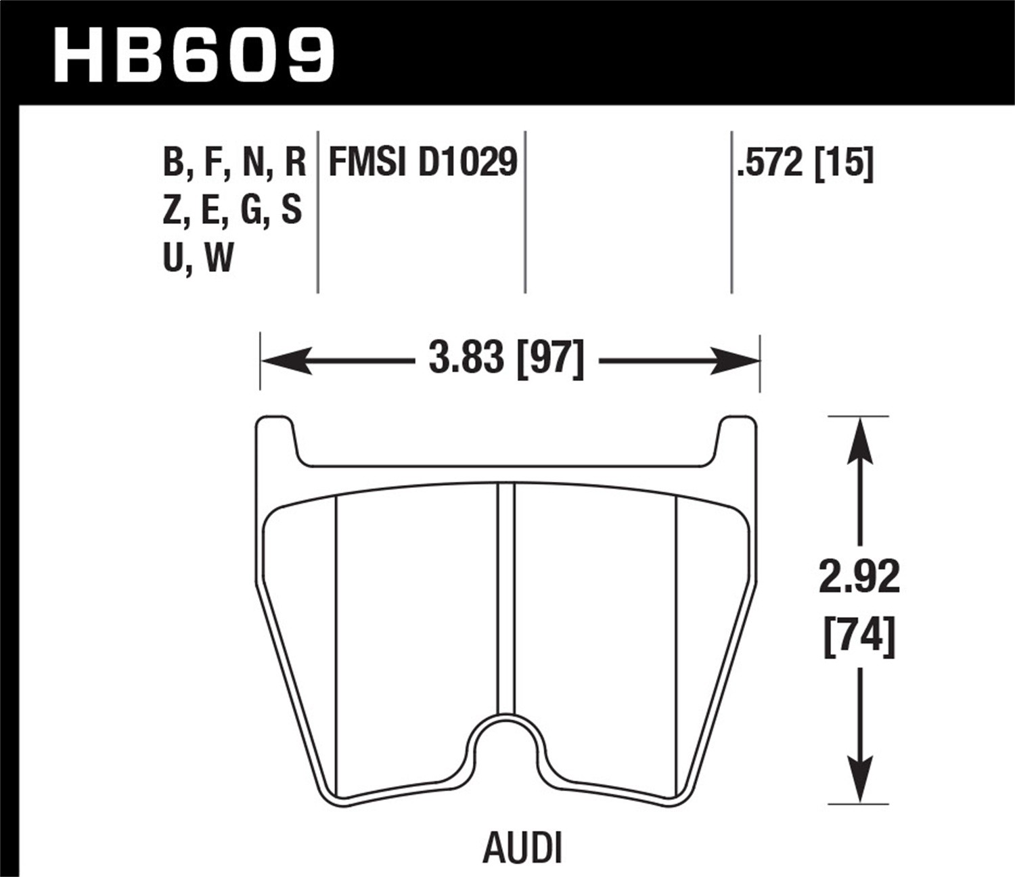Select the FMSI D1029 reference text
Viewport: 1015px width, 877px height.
tap(423, 162)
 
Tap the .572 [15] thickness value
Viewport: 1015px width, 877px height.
tap(805, 163)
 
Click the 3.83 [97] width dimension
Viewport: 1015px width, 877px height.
tap(506, 359)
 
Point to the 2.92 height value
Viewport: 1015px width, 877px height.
tap(859, 577)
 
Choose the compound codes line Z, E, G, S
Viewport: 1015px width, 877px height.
tap(232, 210)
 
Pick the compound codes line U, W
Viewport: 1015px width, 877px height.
tap(198, 257)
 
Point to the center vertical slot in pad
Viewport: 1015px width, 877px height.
tap(506, 595)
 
